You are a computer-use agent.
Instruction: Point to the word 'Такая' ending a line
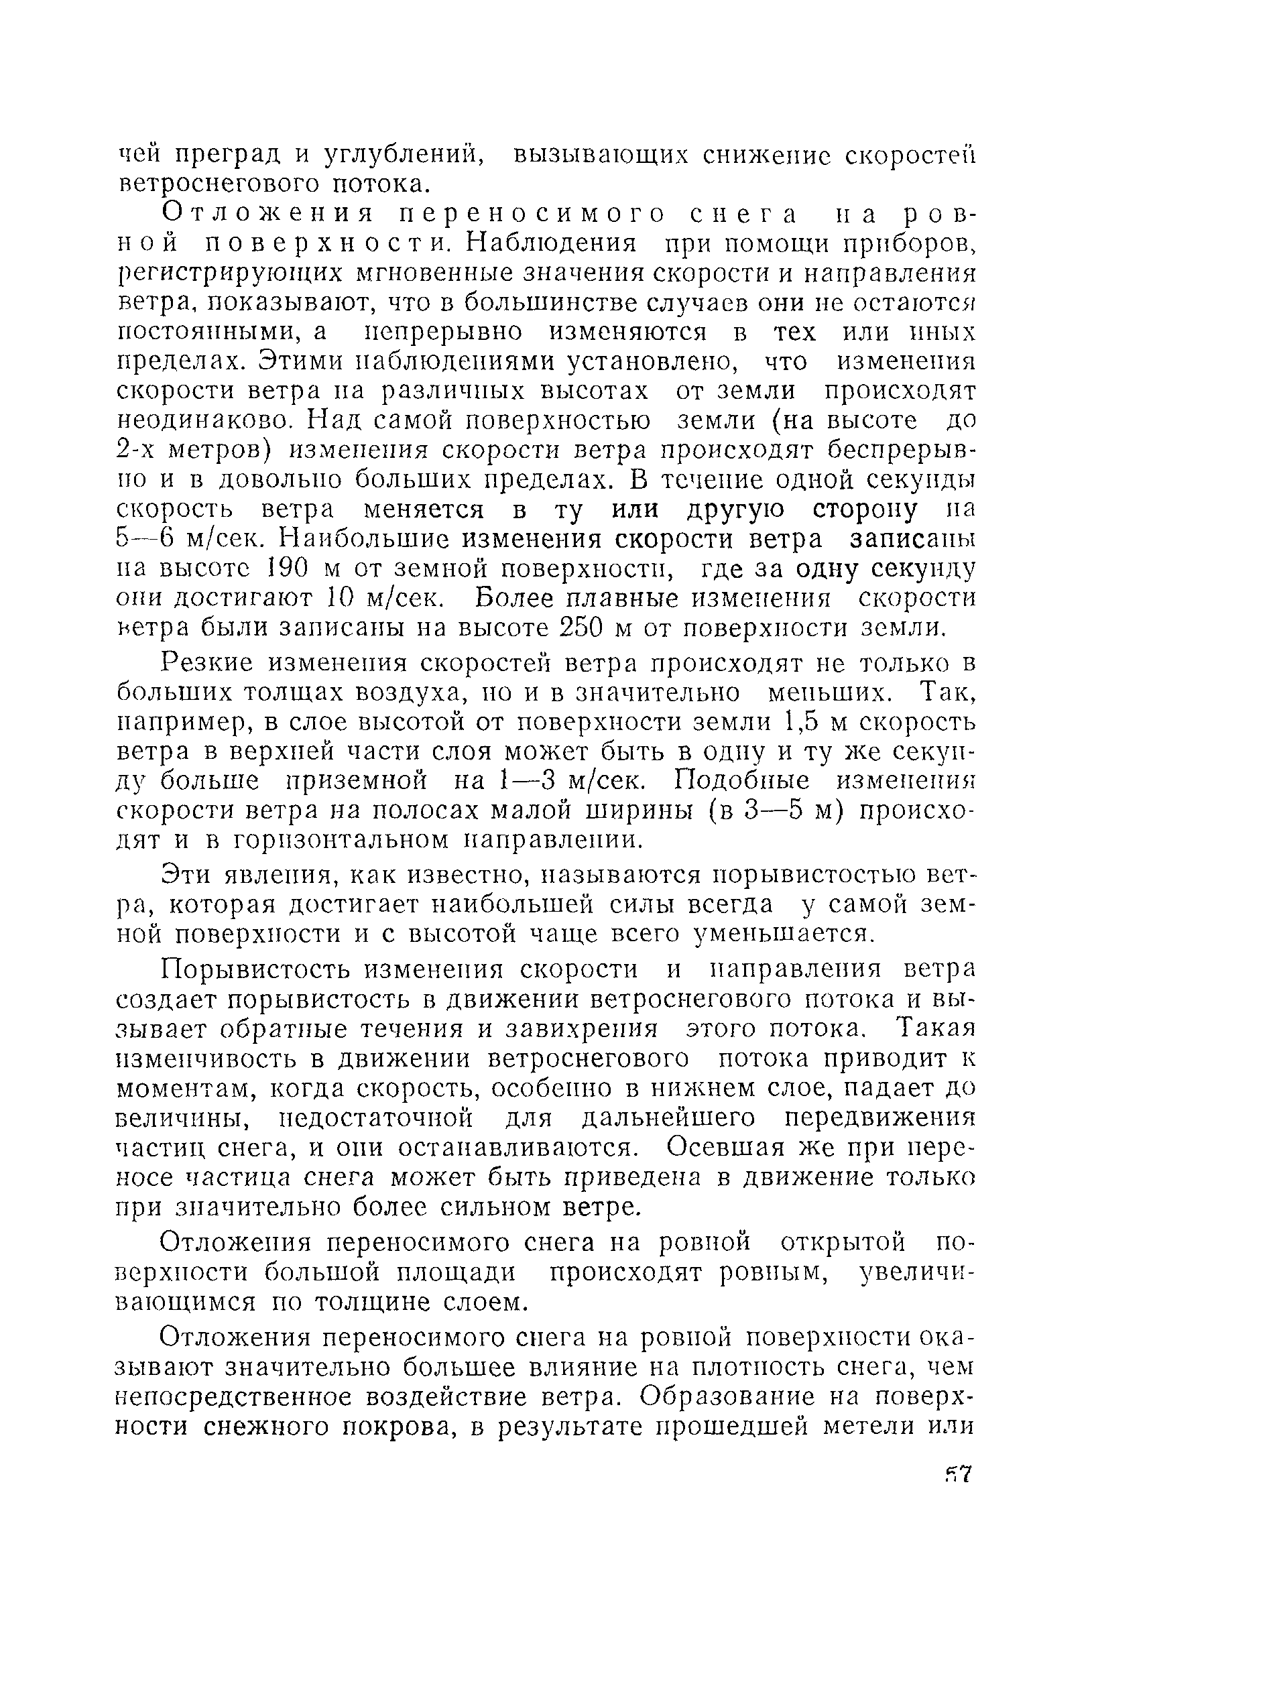tap(936, 1028)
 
